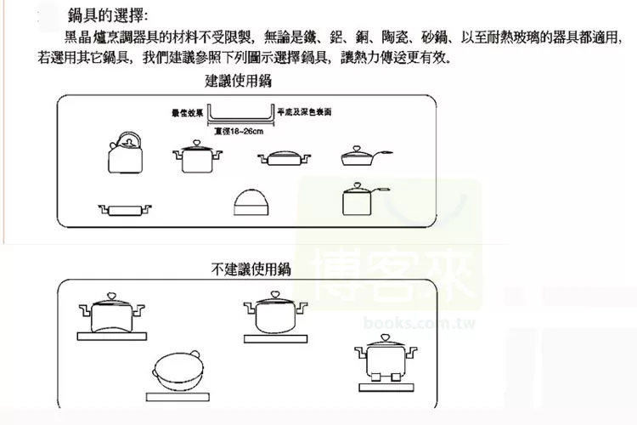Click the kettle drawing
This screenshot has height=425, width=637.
point(124,154)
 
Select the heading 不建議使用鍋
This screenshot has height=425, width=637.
point(251,269)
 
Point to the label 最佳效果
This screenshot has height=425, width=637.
point(187,112)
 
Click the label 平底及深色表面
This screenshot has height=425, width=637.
point(303,112)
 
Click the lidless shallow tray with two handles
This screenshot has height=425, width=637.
point(124,208)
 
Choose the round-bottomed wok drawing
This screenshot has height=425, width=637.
point(179,368)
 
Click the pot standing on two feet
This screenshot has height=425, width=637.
point(384,360)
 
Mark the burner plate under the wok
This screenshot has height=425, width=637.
point(179,395)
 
